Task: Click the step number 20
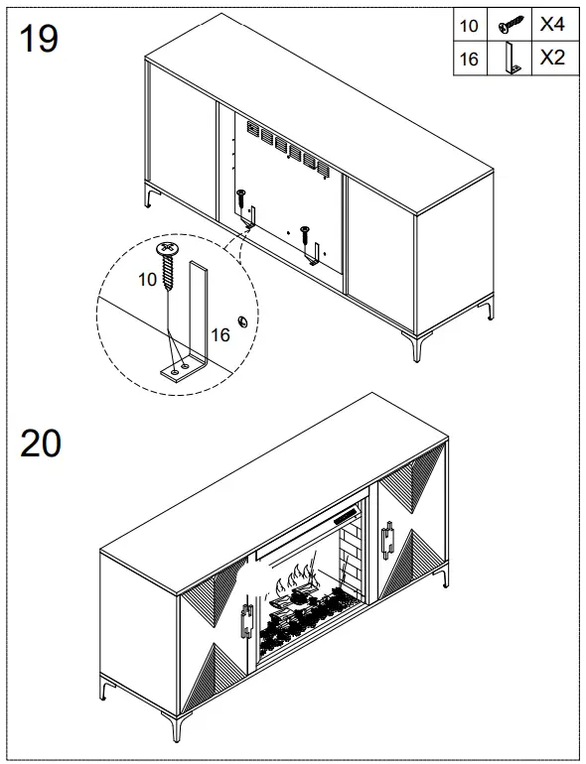pyautogui.click(x=41, y=443)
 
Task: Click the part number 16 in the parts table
pyautogui.click(x=469, y=60)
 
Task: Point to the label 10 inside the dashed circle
pyautogui.click(x=147, y=280)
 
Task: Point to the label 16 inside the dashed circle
pyautogui.click(x=220, y=335)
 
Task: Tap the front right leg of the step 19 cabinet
pyautogui.click(x=412, y=345)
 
